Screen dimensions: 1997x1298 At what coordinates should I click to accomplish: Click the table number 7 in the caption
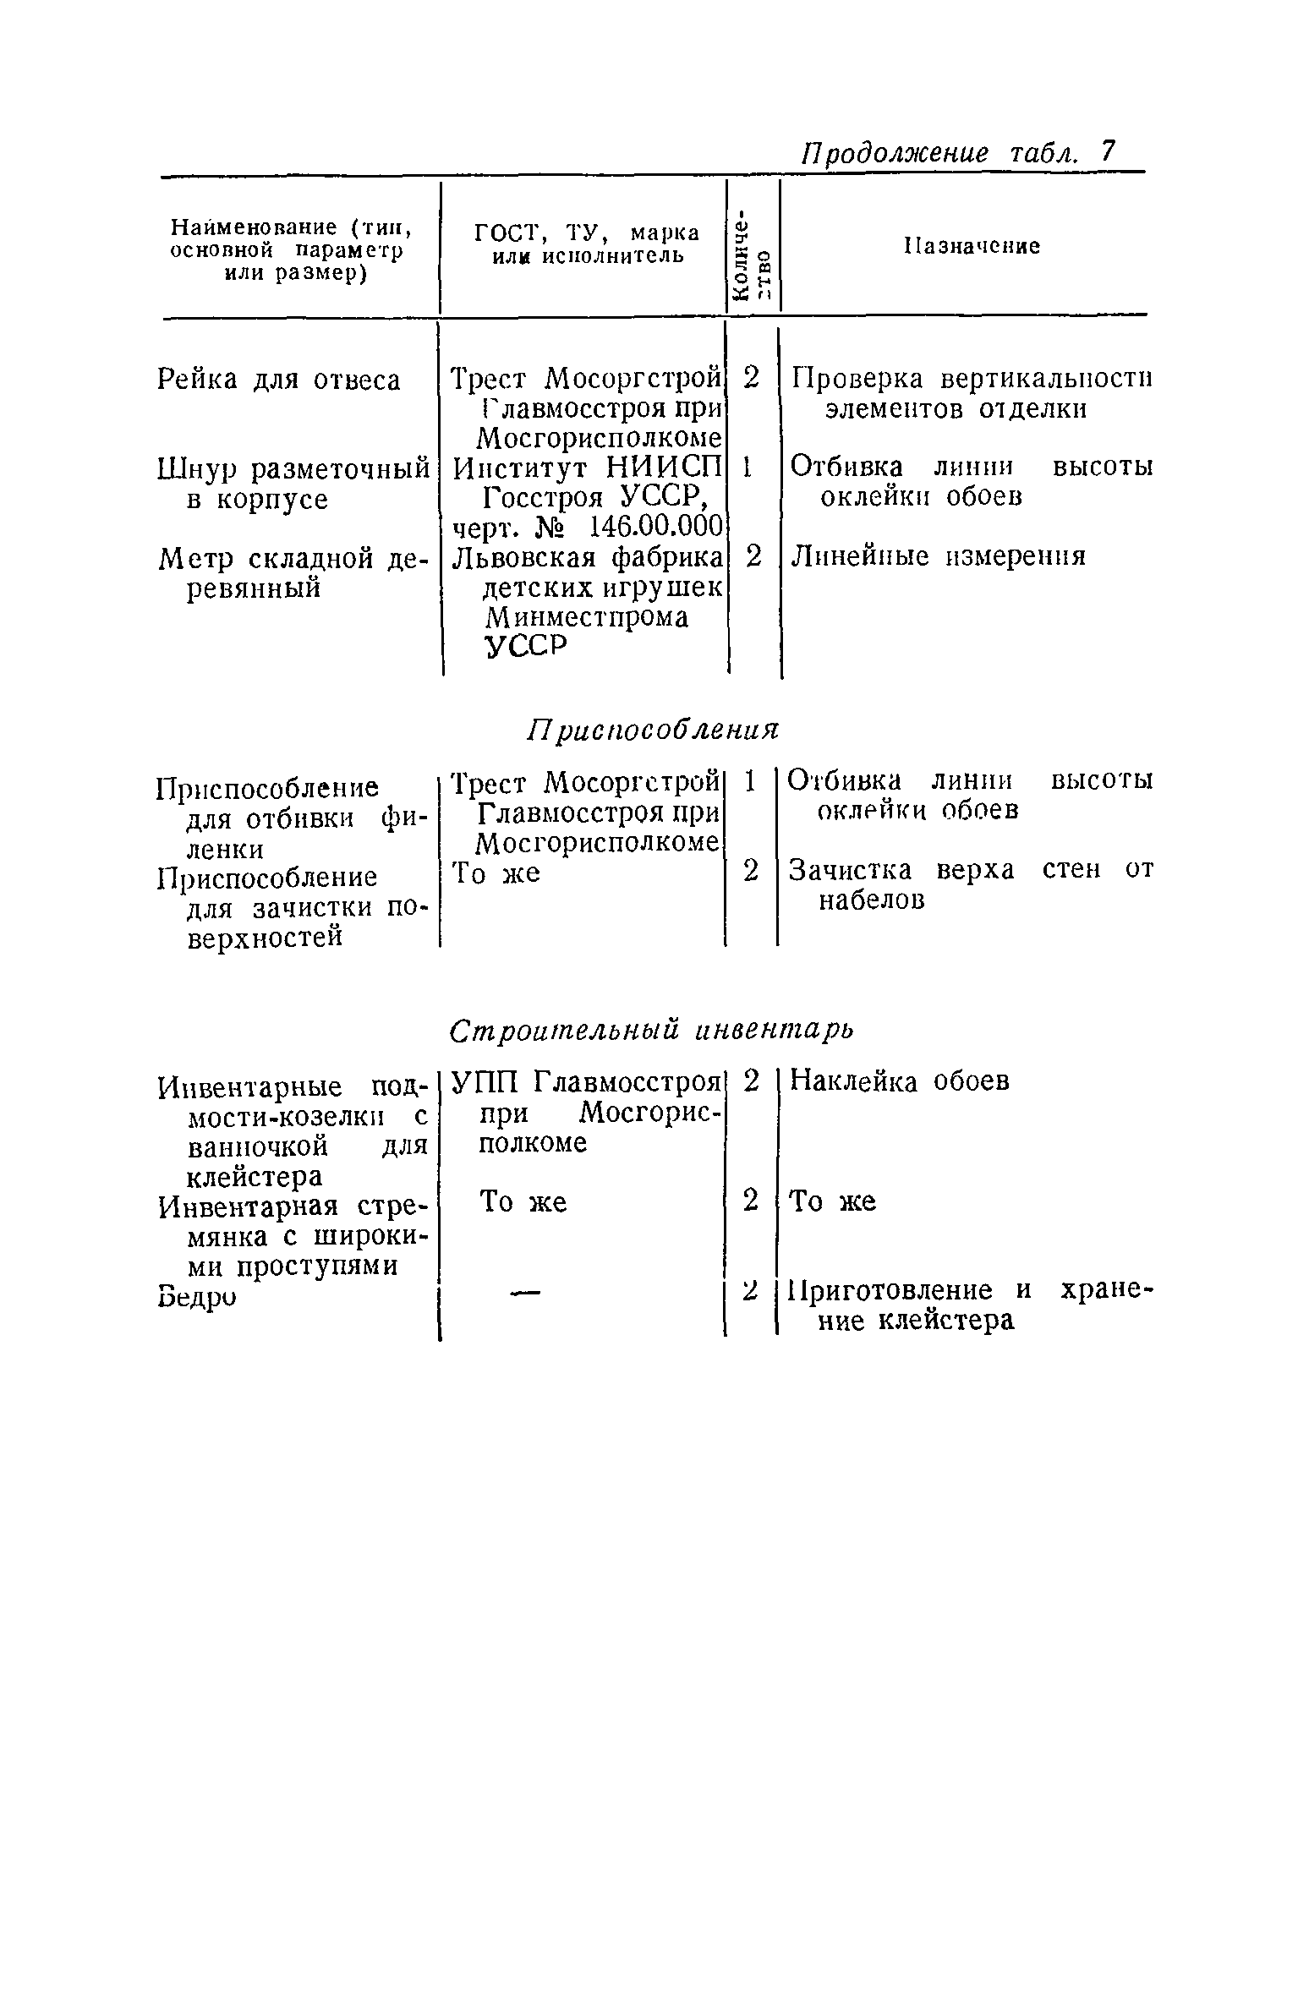tap(1106, 152)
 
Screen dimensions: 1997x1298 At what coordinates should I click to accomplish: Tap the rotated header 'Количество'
tap(751, 253)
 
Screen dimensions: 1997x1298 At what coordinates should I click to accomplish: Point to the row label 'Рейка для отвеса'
tap(279, 380)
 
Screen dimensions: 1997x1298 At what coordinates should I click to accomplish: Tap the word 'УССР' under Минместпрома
tap(524, 647)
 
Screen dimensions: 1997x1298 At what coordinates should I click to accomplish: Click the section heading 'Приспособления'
tap(652, 729)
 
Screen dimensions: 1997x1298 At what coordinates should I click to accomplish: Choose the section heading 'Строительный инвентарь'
tap(651, 1030)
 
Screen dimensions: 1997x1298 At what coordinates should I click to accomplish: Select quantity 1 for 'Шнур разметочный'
tap(747, 467)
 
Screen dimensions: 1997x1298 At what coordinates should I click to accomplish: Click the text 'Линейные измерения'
tap(938, 556)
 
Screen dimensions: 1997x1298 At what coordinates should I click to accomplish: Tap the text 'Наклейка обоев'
tap(899, 1081)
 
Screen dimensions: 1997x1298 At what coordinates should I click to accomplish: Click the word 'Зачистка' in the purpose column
tap(850, 870)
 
